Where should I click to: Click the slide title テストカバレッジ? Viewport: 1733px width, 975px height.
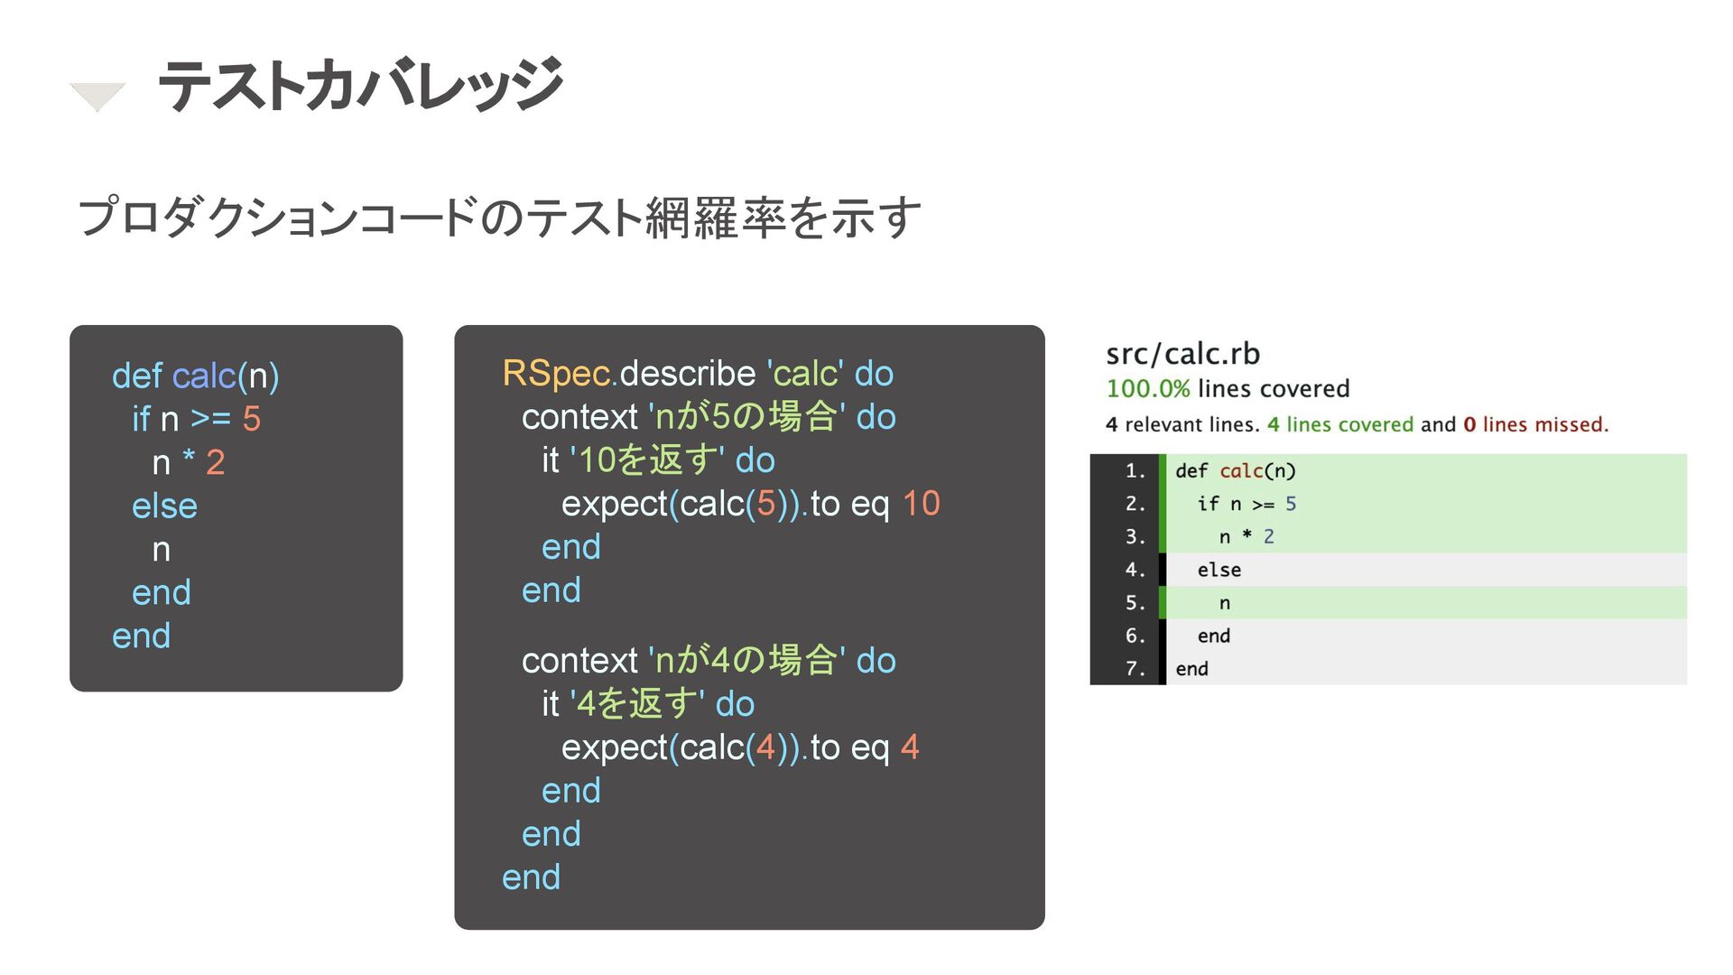(x=360, y=85)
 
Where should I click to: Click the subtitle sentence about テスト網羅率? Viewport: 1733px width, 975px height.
(x=499, y=218)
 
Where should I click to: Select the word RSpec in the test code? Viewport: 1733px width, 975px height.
(x=556, y=374)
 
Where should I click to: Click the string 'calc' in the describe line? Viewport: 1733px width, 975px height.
(x=805, y=374)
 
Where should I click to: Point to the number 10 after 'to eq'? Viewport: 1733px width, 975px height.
(x=921, y=504)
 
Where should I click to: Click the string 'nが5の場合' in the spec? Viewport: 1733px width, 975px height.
(x=746, y=417)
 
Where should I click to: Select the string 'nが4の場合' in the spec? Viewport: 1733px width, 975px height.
(x=746, y=661)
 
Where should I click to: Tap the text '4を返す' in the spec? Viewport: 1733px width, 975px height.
(x=636, y=704)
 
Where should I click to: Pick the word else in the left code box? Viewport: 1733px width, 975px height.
(x=164, y=506)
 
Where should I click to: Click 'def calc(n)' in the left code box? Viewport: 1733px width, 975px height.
(x=195, y=376)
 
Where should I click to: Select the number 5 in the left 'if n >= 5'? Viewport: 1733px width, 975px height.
(x=251, y=420)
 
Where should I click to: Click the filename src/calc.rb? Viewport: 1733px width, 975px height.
(x=1182, y=354)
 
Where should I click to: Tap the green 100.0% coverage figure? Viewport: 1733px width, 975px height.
(x=1147, y=389)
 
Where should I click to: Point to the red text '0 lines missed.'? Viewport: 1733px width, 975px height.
(x=1535, y=425)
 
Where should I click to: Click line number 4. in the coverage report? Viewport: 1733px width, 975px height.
(x=1135, y=571)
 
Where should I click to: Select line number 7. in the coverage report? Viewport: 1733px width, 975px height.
(x=1135, y=669)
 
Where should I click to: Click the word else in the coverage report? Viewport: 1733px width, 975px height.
(x=1219, y=571)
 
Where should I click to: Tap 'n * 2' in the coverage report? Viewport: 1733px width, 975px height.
(x=1246, y=537)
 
